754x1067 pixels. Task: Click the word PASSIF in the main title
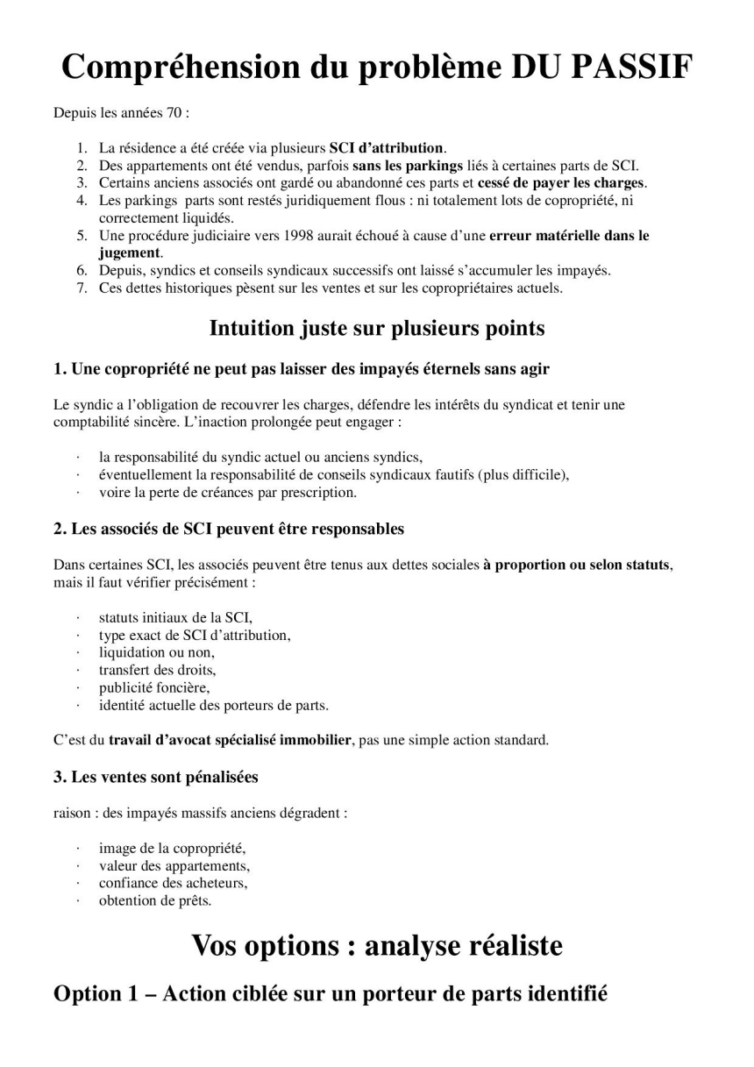(x=632, y=67)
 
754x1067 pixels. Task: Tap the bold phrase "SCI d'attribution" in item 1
(x=387, y=147)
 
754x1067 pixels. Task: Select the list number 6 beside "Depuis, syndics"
(x=81, y=270)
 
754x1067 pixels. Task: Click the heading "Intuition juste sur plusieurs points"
(x=377, y=328)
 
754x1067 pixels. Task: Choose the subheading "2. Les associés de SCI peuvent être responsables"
(x=229, y=529)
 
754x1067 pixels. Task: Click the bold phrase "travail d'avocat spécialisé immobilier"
(x=230, y=740)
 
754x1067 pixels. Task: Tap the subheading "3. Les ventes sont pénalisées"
(x=156, y=777)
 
